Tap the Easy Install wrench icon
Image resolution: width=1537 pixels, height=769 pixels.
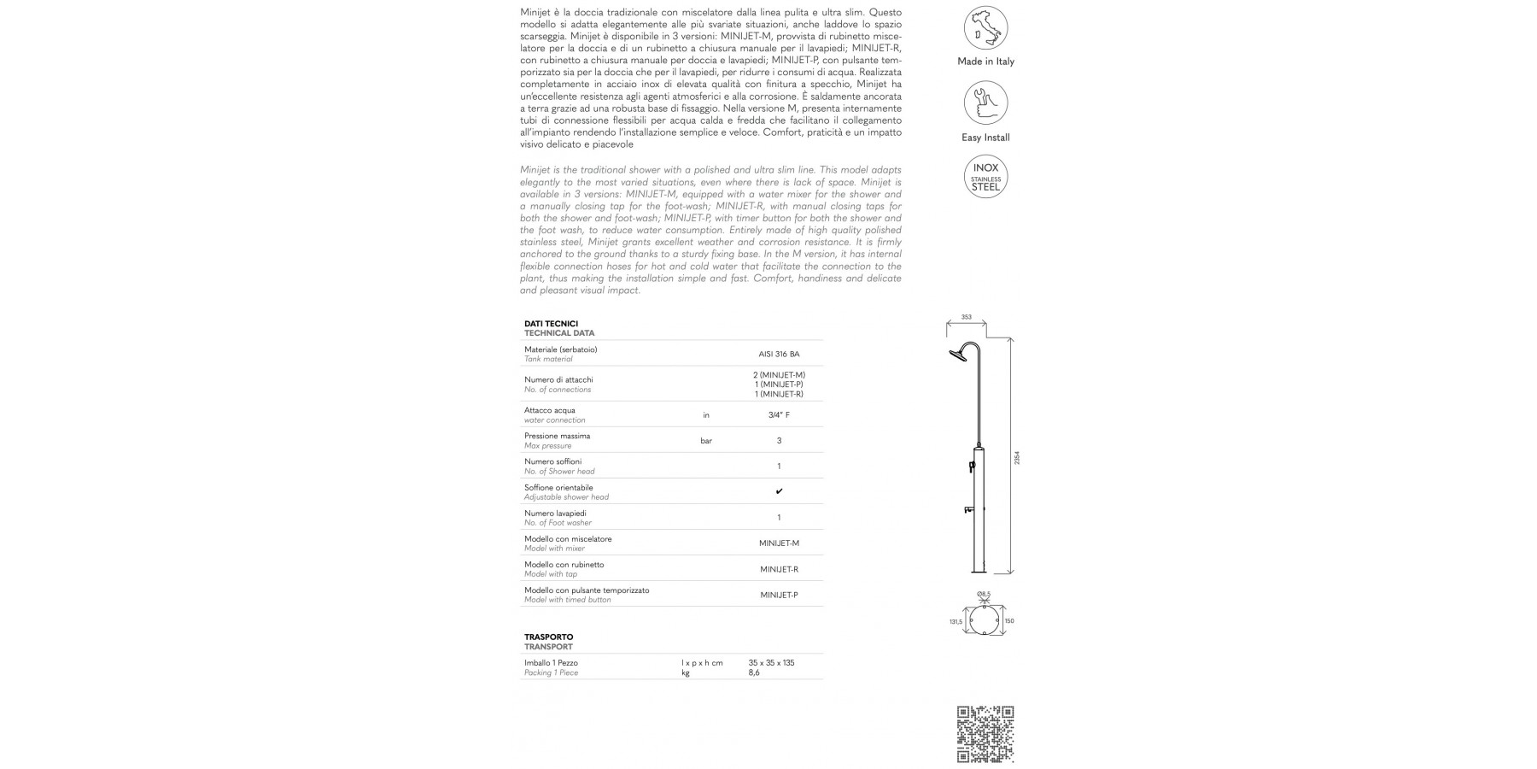point(985,103)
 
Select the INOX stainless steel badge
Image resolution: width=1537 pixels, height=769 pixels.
point(985,177)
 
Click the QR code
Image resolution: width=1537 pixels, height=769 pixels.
point(985,734)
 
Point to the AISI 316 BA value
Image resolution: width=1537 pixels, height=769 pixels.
point(779,354)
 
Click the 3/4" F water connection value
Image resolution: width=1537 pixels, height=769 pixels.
point(779,415)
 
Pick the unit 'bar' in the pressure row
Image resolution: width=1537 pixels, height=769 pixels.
point(706,441)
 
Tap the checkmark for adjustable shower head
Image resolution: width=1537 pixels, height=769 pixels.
point(779,491)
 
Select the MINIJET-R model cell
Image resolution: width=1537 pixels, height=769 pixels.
point(779,569)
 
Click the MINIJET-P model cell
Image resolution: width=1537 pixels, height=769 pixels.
point(779,595)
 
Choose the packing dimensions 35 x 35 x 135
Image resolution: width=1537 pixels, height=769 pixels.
point(771,663)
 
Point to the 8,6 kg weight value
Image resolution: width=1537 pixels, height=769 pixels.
point(754,673)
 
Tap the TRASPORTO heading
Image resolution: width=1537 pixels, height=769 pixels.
point(548,637)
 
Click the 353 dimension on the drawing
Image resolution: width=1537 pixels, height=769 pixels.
point(967,317)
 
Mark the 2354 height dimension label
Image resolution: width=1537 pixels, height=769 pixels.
point(1016,458)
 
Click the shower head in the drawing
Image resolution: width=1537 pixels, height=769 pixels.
point(957,355)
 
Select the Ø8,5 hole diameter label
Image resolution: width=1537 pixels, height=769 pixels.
point(984,594)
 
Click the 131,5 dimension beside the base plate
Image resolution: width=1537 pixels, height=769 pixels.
point(956,622)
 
